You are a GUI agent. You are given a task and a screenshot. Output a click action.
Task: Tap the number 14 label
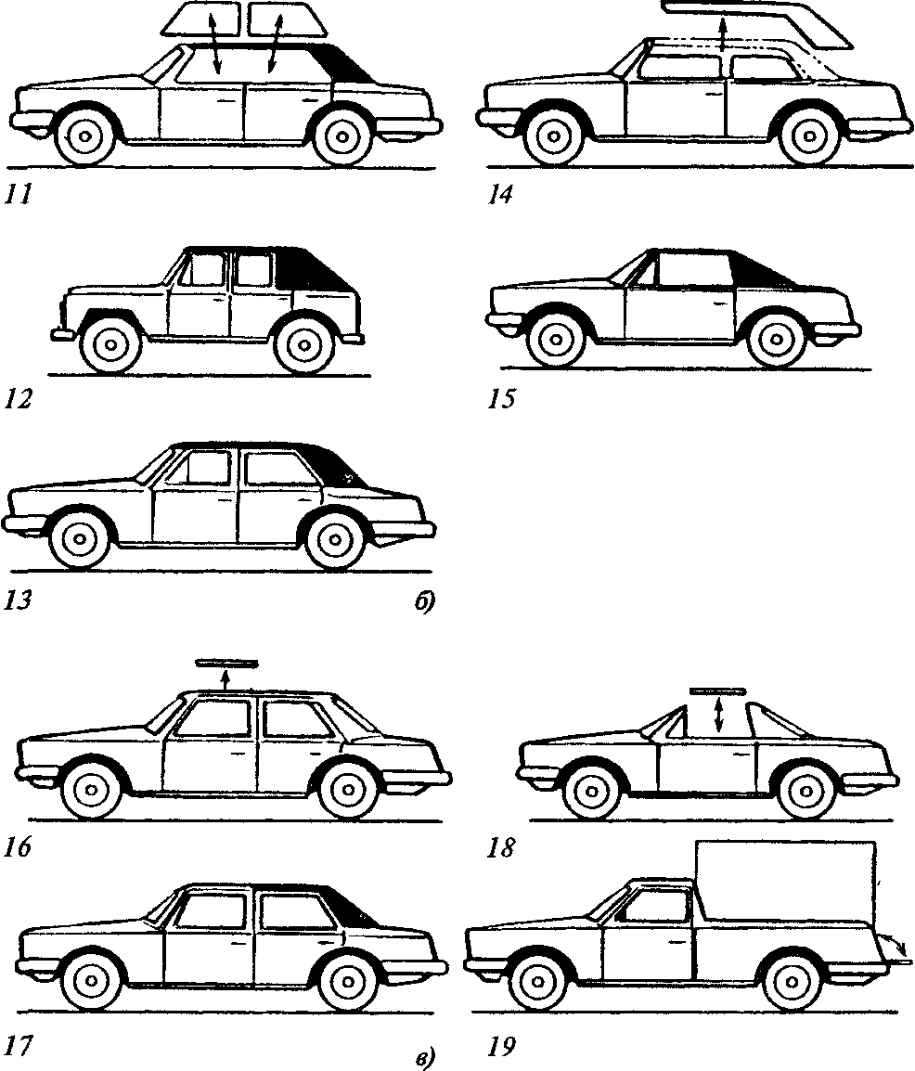(499, 195)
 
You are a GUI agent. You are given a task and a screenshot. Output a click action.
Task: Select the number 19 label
(502, 1047)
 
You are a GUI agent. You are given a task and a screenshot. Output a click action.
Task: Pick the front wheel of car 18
(592, 791)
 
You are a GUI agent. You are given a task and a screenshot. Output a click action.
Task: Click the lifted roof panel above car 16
(226, 663)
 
